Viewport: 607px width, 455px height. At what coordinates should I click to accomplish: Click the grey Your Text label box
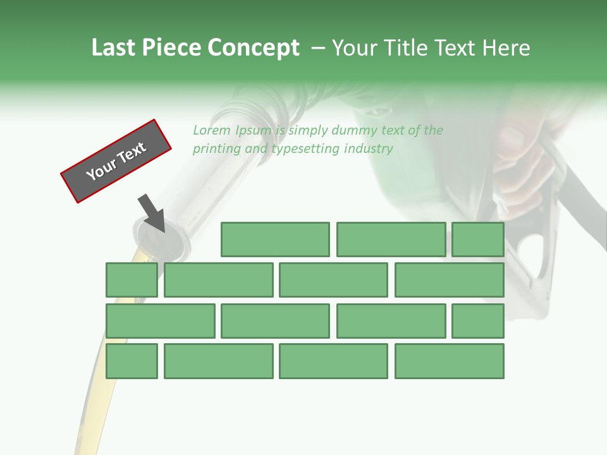[116, 161]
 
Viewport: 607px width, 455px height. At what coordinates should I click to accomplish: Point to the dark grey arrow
[152, 212]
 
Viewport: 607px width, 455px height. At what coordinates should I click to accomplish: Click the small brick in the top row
[478, 240]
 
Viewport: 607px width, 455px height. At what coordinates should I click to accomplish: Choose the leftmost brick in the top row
[275, 240]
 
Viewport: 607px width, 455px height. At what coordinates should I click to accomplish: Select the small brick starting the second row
[132, 280]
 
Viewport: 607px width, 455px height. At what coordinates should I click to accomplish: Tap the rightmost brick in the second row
[450, 280]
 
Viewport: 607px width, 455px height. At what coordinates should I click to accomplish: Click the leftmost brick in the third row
[161, 321]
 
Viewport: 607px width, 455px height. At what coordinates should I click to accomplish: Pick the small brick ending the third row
[478, 321]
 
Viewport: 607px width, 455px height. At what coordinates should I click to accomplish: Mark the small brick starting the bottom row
[132, 361]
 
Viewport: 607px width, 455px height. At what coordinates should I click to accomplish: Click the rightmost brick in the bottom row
[450, 361]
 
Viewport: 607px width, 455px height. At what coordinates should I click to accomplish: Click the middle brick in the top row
[391, 240]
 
